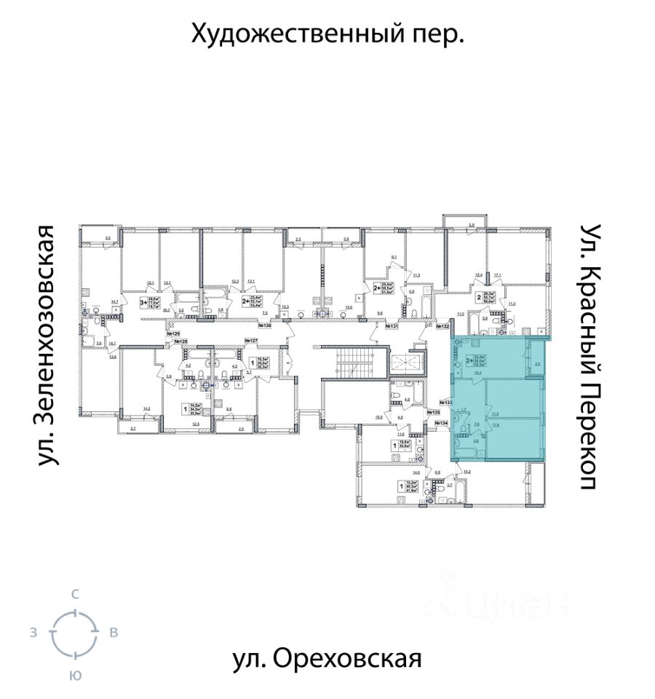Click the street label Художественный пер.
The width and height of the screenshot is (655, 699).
click(x=327, y=33)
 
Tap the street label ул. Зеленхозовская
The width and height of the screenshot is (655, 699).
click(x=48, y=345)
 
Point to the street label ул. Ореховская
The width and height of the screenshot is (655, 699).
click(x=327, y=659)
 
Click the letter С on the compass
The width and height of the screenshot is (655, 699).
click(x=74, y=594)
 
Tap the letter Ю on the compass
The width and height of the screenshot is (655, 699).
click(x=74, y=675)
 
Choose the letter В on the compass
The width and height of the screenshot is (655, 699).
click(x=114, y=633)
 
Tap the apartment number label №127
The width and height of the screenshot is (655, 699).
click(x=251, y=341)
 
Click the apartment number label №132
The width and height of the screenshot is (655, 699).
click(x=442, y=327)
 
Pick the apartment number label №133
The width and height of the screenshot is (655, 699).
click(x=446, y=402)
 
